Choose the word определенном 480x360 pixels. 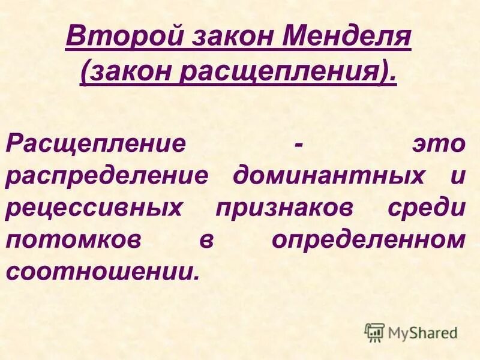coord(368,239)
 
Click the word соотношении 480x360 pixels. coord(101,271)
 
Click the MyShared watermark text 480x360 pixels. coord(422,331)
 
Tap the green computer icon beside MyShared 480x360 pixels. coord(374,331)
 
